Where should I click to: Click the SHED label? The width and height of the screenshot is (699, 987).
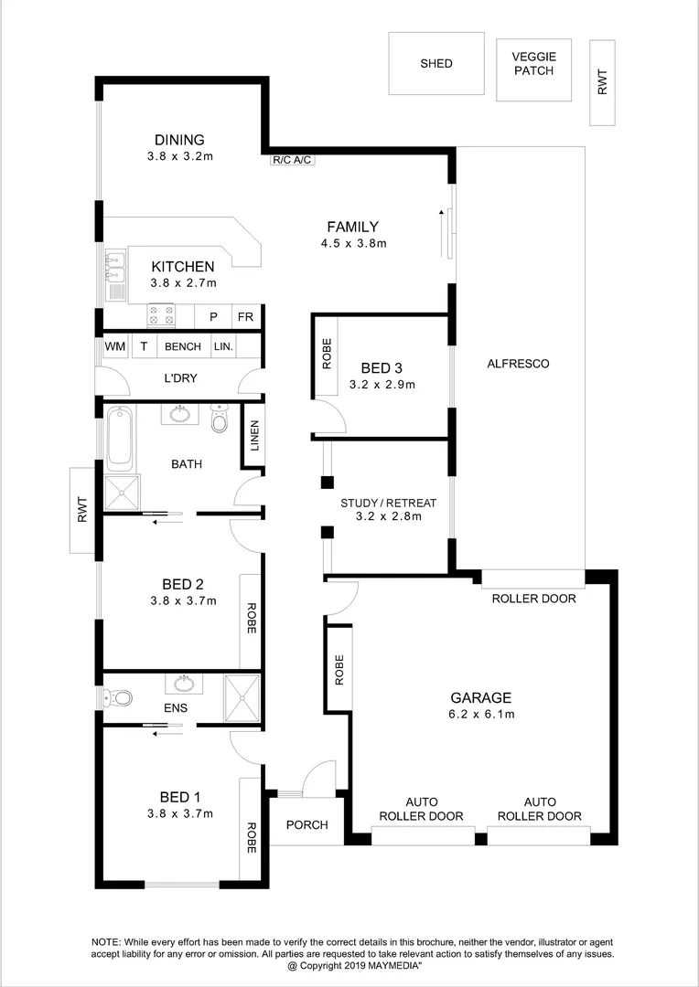click(x=436, y=63)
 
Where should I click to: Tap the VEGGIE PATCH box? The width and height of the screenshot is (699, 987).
click(x=533, y=69)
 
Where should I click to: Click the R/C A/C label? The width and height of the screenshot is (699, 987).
click(x=293, y=161)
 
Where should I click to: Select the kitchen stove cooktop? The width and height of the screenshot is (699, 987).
click(x=162, y=315)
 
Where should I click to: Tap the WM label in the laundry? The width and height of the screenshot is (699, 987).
click(x=114, y=347)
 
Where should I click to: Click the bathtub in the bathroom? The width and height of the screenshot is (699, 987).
click(x=121, y=439)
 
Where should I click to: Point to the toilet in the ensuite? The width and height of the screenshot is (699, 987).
click(x=120, y=698)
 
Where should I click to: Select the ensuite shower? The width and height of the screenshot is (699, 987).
click(x=243, y=699)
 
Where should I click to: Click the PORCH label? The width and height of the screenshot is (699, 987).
click(x=306, y=825)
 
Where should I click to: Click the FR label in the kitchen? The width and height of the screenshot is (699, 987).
click(x=245, y=317)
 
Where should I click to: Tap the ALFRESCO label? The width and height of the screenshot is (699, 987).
click(x=518, y=364)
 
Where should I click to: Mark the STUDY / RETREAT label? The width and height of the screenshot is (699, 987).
click(x=388, y=503)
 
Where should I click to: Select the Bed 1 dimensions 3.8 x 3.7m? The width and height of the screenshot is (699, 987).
click(x=181, y=813)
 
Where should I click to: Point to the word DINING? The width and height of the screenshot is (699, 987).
click(x=179, y=140)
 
